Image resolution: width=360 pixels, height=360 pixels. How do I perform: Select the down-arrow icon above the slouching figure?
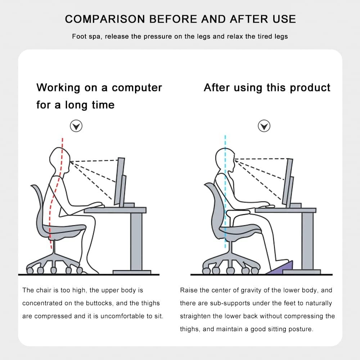pyautogui.click(x=76, y=126)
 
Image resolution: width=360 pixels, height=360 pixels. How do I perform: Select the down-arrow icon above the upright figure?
pyautogui.click(x=264, y=126)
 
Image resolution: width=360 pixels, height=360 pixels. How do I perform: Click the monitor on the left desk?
pyautogui.click(x=121, y=182)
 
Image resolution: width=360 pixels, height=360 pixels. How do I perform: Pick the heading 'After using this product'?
pyautogui.click(x=267, y=87)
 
